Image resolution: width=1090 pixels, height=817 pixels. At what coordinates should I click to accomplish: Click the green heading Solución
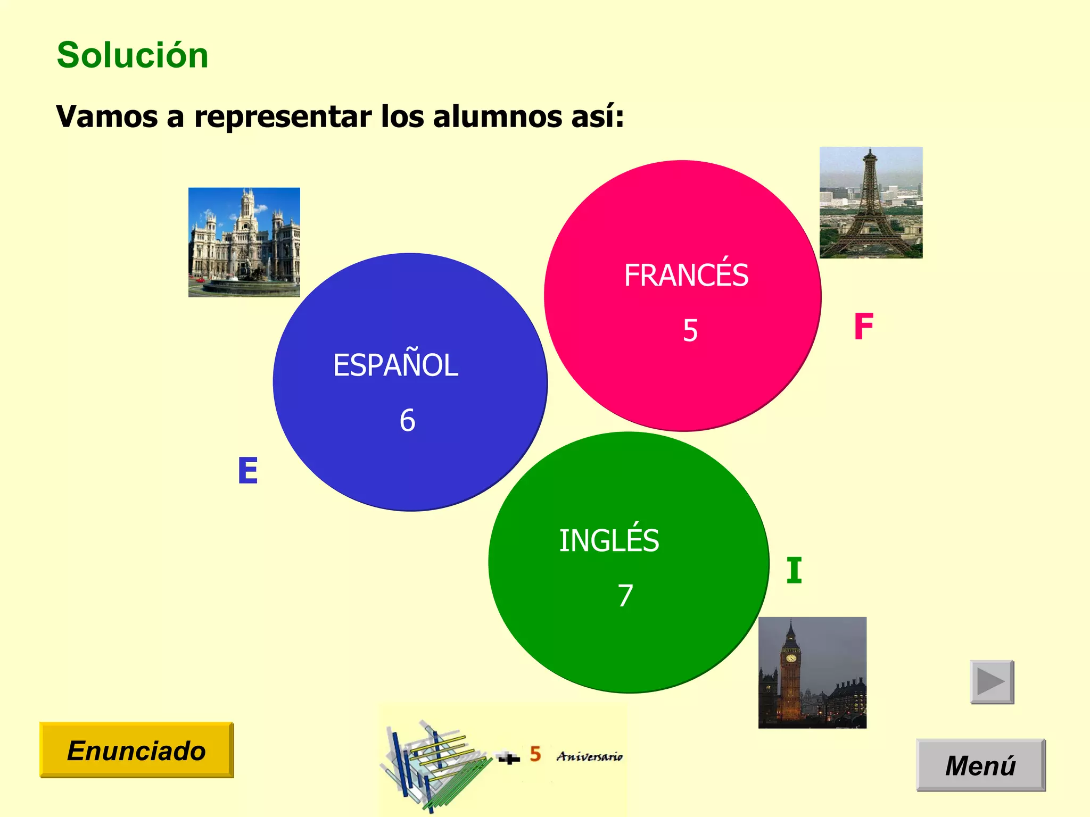tap(133, 55)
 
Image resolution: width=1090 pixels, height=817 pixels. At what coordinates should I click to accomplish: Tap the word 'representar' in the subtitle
tap(283, 118)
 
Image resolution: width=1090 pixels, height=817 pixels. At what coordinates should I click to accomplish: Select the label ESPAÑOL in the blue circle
tap(395, 365)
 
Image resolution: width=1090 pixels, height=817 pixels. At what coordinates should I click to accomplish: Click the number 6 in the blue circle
tap(407, 420)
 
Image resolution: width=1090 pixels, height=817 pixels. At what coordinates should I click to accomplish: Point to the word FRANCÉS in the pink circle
tap(686, 275)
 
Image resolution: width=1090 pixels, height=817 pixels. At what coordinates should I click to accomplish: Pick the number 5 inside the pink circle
tap(690, 330)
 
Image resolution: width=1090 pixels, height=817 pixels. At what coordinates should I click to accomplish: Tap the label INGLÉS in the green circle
tap(609, 540)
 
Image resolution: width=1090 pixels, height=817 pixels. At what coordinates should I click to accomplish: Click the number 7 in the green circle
tap(625, 595)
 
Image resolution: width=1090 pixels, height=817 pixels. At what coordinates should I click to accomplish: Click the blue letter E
tap(248, 471)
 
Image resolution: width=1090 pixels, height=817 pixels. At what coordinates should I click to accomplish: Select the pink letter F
tap(863, 326)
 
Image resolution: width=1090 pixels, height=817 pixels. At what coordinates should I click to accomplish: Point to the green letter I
tap(794, 571)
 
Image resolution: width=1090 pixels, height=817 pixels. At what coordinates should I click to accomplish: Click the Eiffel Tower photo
tap(871, 203)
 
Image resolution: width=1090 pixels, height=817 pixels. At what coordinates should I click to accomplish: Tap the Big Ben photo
tap(812, 672)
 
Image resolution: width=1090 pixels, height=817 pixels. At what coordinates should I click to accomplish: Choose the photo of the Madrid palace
tap(244, 242)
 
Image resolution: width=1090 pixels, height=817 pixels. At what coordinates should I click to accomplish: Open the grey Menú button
tap(980, 765)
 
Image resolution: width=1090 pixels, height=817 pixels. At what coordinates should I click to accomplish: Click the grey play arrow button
tap(992, 682)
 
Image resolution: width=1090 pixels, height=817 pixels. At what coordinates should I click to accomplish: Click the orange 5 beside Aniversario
tap(535, 754)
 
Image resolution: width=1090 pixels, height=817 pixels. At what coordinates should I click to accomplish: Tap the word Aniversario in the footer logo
tap(589, 756)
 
